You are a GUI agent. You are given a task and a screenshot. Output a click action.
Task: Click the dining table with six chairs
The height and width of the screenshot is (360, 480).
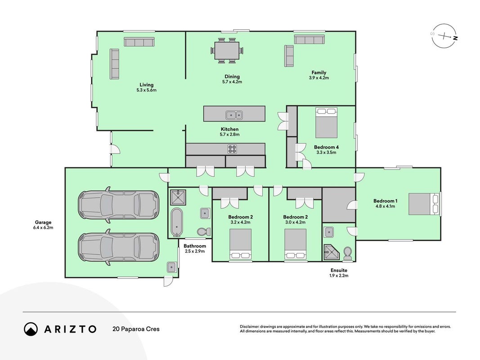227,50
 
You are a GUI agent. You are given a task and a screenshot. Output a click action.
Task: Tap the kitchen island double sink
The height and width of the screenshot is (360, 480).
234,115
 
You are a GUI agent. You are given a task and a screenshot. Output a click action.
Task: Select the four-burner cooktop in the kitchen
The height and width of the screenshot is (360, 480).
232,149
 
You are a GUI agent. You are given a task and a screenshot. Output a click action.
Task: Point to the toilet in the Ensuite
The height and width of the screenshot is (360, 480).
348,253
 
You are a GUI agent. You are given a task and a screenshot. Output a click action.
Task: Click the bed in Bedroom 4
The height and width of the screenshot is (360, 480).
326,123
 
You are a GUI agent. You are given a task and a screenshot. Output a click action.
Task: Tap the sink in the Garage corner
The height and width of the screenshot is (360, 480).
171,267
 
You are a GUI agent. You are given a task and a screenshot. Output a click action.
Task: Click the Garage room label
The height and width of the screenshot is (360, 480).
43,223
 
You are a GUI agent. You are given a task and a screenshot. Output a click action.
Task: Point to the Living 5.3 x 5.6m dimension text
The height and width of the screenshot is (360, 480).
146,90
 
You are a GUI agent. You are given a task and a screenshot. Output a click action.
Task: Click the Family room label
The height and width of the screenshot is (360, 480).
319,72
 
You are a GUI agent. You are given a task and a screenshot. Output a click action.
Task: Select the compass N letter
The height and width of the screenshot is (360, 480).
456,38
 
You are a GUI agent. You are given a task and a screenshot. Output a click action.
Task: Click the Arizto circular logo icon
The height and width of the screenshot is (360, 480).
31,329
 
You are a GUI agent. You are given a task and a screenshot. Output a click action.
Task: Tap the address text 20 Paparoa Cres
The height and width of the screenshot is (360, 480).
136,329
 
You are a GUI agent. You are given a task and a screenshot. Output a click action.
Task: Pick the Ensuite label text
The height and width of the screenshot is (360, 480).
339,270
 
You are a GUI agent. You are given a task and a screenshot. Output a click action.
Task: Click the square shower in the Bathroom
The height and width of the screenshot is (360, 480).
178,197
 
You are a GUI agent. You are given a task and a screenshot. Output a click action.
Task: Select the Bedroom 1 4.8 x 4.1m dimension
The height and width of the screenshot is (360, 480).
385,207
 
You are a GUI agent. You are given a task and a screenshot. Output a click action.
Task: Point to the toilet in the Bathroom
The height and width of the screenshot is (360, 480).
203,232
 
